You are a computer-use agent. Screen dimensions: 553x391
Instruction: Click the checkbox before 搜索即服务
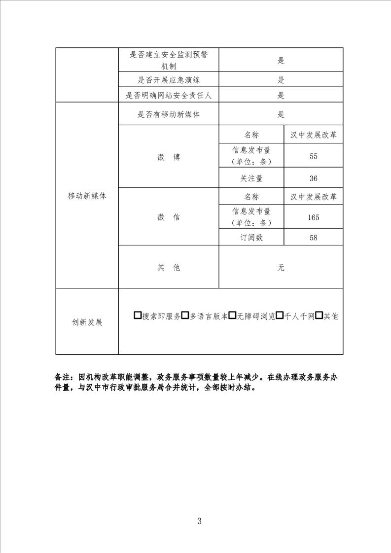click(x=138, y=316)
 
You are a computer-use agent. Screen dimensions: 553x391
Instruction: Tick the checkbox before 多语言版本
click(x=185, y=316)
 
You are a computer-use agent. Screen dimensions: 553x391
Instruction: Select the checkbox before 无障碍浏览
click(x=232, y=316)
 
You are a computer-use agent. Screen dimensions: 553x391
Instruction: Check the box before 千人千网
click(x=280, y=316)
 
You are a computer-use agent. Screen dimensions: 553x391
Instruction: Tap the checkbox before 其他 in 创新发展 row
click(x=319, y=316)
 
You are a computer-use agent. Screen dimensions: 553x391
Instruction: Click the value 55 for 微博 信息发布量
click(x=313, y=156)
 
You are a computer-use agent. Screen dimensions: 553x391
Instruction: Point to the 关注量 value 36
click(x=313, y=178)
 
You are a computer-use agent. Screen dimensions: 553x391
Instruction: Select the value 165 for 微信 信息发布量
click(x=313, y=217)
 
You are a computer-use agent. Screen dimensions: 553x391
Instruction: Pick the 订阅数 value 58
click(x=313, y=238)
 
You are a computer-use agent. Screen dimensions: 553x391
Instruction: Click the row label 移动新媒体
click(x=87, y=196)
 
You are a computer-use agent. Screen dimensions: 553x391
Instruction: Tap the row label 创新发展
click(x=87, y=322)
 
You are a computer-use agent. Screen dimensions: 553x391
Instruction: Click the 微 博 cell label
click(x=169, y=157)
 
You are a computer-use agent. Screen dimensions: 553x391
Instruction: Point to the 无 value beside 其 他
click(x=281, y=268)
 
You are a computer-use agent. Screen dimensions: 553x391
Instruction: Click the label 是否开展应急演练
click(x=169, y=80)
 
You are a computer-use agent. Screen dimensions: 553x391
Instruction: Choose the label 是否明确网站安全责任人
click(x=169, y=96)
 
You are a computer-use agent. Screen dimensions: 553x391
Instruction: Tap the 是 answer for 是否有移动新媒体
click(x=281, y=115)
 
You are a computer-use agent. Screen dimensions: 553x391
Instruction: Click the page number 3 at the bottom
click(x=199, y=521)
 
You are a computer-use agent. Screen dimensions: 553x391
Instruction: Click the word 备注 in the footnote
click(x=63, y=378)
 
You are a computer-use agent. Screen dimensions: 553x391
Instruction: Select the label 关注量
click(x=251, y=178)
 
